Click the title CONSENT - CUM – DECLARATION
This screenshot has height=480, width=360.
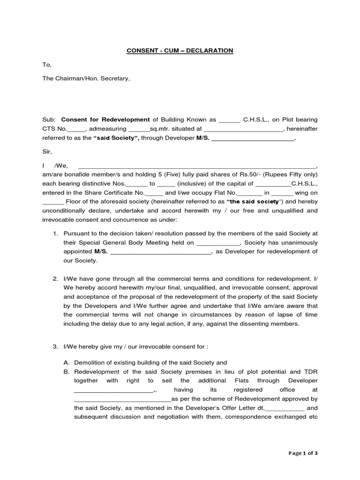180,50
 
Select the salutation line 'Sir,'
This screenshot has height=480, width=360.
47,151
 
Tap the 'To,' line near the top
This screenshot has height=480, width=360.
47,64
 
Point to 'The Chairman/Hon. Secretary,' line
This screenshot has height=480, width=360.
86,78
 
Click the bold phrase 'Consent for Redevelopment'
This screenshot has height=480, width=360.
105,120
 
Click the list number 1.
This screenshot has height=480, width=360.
55,233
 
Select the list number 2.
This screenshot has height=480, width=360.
55,279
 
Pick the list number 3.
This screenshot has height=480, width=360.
55,346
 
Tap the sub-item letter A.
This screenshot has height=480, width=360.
66,362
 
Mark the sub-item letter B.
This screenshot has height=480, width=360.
66,371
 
